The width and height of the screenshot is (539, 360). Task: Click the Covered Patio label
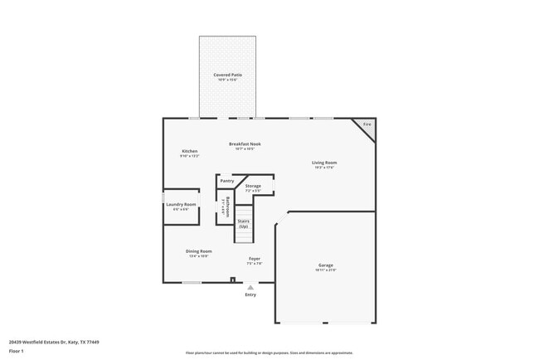click(227, 75)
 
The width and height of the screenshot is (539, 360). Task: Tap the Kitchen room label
click(189, 151)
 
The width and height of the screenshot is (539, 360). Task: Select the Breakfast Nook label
click(245, 144)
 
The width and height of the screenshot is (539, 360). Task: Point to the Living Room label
click(323, 163)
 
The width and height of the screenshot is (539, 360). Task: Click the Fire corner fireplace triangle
click(367, 127)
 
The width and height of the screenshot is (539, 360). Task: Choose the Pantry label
click(226, 181)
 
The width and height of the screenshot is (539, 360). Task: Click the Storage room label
click(252, 186)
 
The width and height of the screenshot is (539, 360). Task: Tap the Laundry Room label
click(181, 204)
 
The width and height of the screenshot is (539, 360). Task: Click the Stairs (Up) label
click(243, 223)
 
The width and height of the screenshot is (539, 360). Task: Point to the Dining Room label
click(198, 251)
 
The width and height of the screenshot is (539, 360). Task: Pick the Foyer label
click(255, 259)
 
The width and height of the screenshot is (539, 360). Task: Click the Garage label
click(324, 265)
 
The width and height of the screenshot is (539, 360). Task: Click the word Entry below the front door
click(250, 294)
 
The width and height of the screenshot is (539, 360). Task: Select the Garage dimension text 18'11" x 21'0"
click(324, 270)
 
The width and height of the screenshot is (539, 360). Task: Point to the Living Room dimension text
click(323, 168)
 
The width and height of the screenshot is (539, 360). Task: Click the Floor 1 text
click(17, 351)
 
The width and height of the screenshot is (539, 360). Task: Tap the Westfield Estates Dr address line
click(54, 341)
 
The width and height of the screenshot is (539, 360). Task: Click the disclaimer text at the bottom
click(269, 353)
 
